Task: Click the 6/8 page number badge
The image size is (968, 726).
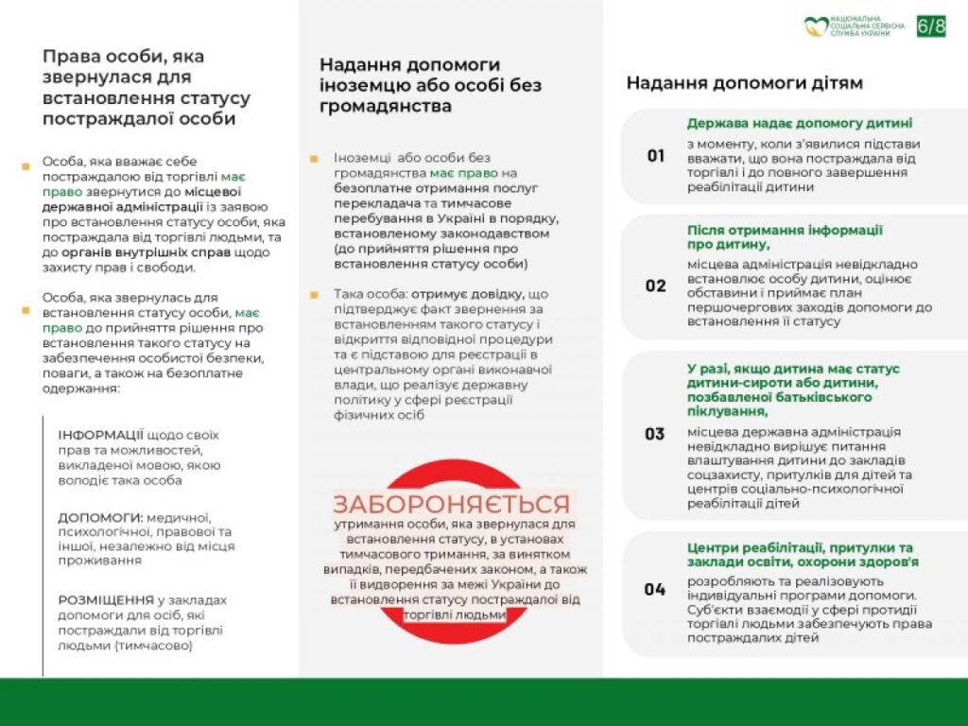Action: (x=930, y=26)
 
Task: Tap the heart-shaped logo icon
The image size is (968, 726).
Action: (x=816, y=26)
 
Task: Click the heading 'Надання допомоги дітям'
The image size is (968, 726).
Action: (x=744, y=83)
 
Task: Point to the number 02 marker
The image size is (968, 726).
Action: (x=656, y=285)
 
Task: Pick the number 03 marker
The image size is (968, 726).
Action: (x=655, y=434)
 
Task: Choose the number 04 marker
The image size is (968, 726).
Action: (x=655, y=589)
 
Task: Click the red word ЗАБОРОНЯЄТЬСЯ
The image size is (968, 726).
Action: (x=451, y=504)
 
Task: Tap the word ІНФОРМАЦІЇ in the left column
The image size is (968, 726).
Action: (x=101, y=435)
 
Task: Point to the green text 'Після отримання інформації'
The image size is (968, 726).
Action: (x=785, y=230)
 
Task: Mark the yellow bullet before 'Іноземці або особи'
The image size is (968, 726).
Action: (x=314, y=158)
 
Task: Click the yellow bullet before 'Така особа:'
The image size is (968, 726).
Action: (x=314, y=294)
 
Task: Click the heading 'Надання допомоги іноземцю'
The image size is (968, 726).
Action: (x=409, y=65)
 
